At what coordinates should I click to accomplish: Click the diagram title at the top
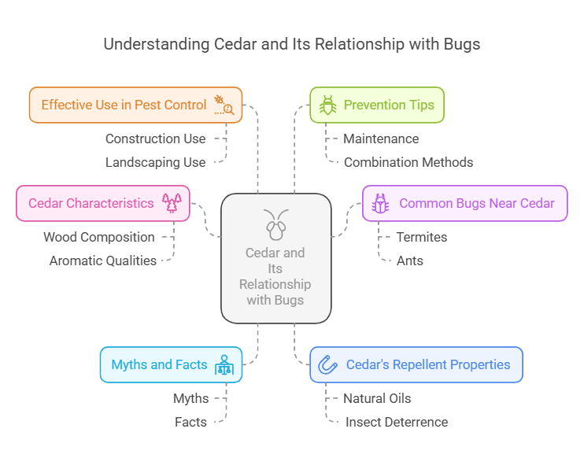click(x=292, y=43)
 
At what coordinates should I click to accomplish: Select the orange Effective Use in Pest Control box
click(x=135, y=105)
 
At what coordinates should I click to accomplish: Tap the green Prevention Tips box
click(x=377, y=105)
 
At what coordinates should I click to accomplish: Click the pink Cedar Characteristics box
click(x=102, y=203)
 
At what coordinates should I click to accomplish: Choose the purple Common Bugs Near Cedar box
click(x=464, y=203)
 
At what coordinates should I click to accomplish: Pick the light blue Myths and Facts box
click(x=171, y=364)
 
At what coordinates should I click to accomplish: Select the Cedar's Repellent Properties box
click(x=416, y=364)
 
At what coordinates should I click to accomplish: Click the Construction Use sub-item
click(x=155, y=139)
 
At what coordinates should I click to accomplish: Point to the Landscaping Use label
click(x=155, y=162)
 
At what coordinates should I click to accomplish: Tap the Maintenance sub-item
click(x=381, y=139)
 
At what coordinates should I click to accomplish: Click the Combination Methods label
click(x=408, y=162)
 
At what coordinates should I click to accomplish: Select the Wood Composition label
click(x=99, y=237)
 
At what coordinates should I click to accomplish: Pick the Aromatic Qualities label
click(x=103, y=261)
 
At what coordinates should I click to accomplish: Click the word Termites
click(x=422, y=237)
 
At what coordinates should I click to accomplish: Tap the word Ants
click(x=410, y=261)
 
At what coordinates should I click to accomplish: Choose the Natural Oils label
click(x=377, y=398)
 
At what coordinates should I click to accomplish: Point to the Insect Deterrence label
click(x=397, y=422)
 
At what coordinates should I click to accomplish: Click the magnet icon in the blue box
click(x=327, y=364)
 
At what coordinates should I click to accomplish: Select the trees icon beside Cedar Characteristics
click(x=172, y=203)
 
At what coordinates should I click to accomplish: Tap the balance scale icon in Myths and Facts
click(x=224, y=365)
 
